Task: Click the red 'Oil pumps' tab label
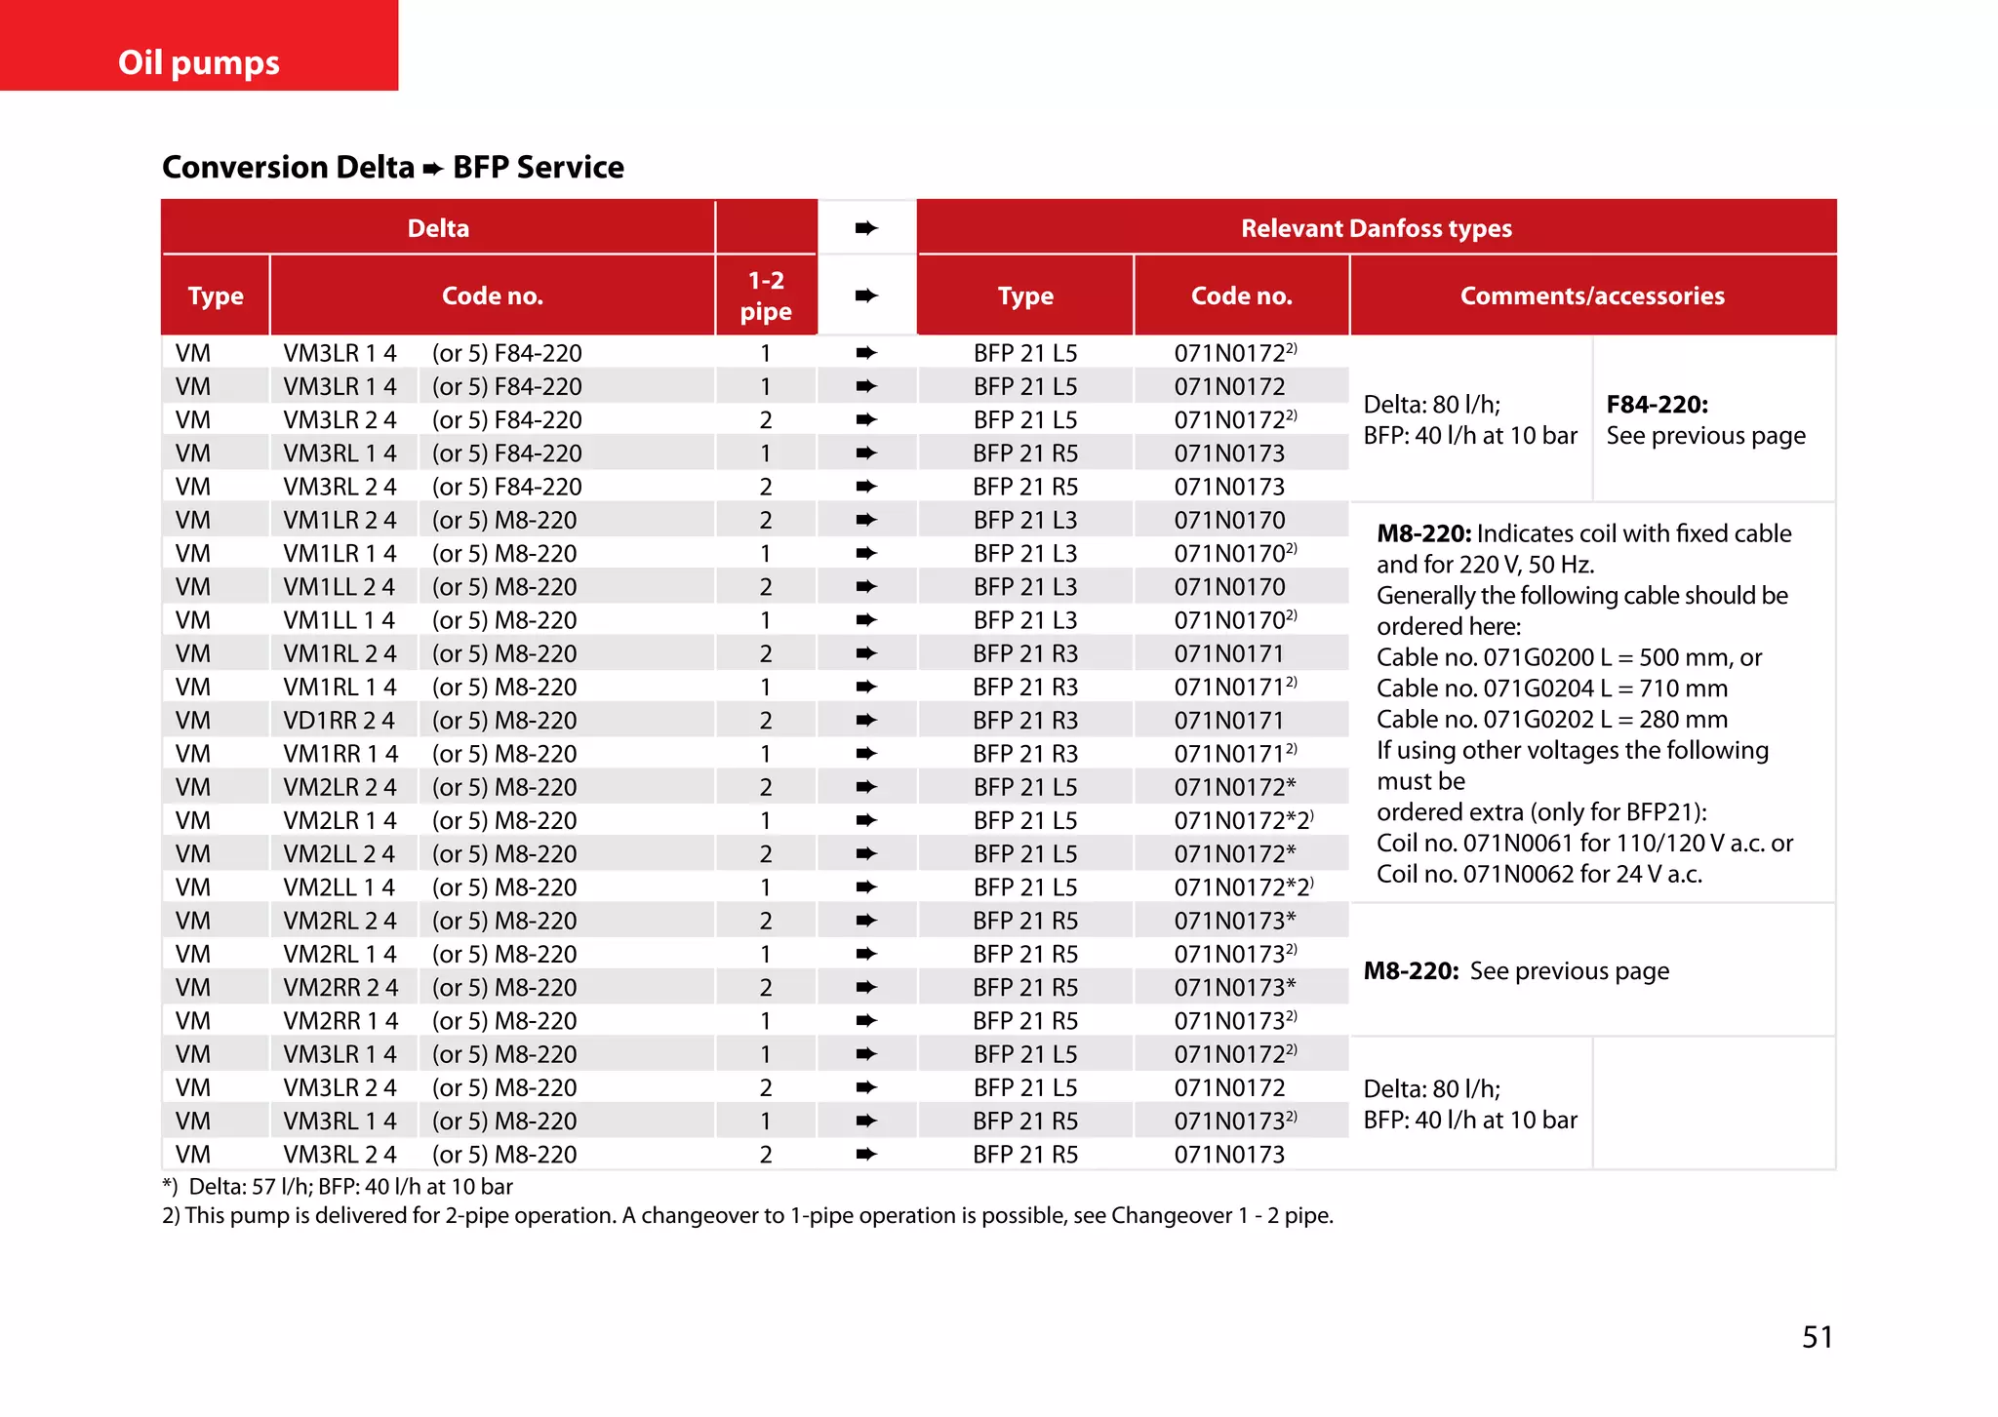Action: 199,62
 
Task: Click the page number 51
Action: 1817,1336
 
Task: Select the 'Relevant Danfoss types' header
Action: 1376,228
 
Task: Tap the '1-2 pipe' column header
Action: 766,295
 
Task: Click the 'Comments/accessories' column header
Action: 1592,295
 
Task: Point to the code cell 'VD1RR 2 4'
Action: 340,720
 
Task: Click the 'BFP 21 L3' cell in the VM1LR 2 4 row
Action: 1025,520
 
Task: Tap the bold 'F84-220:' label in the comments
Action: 1657,405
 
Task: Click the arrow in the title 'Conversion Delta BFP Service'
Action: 433,169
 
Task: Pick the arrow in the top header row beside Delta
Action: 866,228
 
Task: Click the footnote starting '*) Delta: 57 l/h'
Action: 338,1186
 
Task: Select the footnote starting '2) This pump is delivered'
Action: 747,1215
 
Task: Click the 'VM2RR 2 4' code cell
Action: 340,987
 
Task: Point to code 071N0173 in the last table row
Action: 1229,1154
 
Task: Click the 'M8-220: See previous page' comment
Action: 1515,970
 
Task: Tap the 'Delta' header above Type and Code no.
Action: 438,228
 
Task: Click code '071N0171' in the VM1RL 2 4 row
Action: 1229,653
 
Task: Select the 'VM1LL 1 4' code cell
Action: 340,620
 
